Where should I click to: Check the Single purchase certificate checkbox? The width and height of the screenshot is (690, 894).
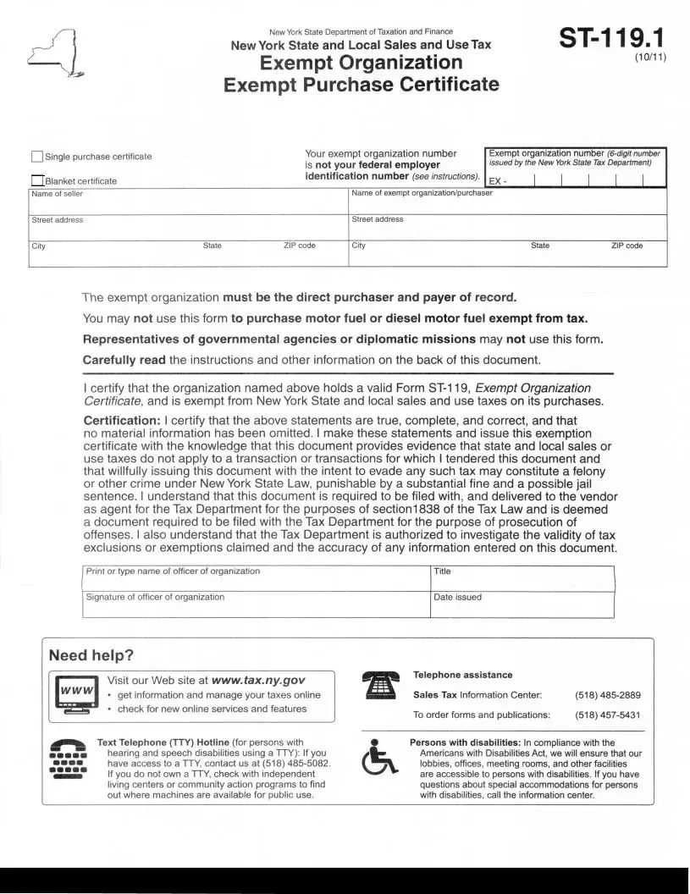click(36, 157)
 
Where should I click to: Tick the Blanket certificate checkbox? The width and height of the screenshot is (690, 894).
click(36, 180)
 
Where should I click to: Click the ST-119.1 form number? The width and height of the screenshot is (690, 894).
click(611, 41)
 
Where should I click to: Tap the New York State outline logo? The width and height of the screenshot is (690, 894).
click(52, 53)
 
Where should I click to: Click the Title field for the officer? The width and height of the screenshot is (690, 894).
click(522, 579)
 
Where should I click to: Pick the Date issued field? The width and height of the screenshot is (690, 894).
click(522, 604)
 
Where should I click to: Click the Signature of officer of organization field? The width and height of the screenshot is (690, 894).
click(256, 604)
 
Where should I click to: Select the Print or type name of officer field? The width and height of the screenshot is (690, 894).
click(256, 579)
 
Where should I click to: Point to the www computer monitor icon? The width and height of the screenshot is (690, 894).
click(74, 695)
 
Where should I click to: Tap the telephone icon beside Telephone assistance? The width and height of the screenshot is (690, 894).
click(378, 685)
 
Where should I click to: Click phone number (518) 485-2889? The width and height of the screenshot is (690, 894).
click(607, 695)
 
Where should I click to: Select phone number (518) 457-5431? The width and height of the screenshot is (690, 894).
click(607, 715)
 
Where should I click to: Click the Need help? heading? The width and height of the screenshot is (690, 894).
click(91, 655)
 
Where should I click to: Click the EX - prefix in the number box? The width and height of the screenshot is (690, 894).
click(498, 182)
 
